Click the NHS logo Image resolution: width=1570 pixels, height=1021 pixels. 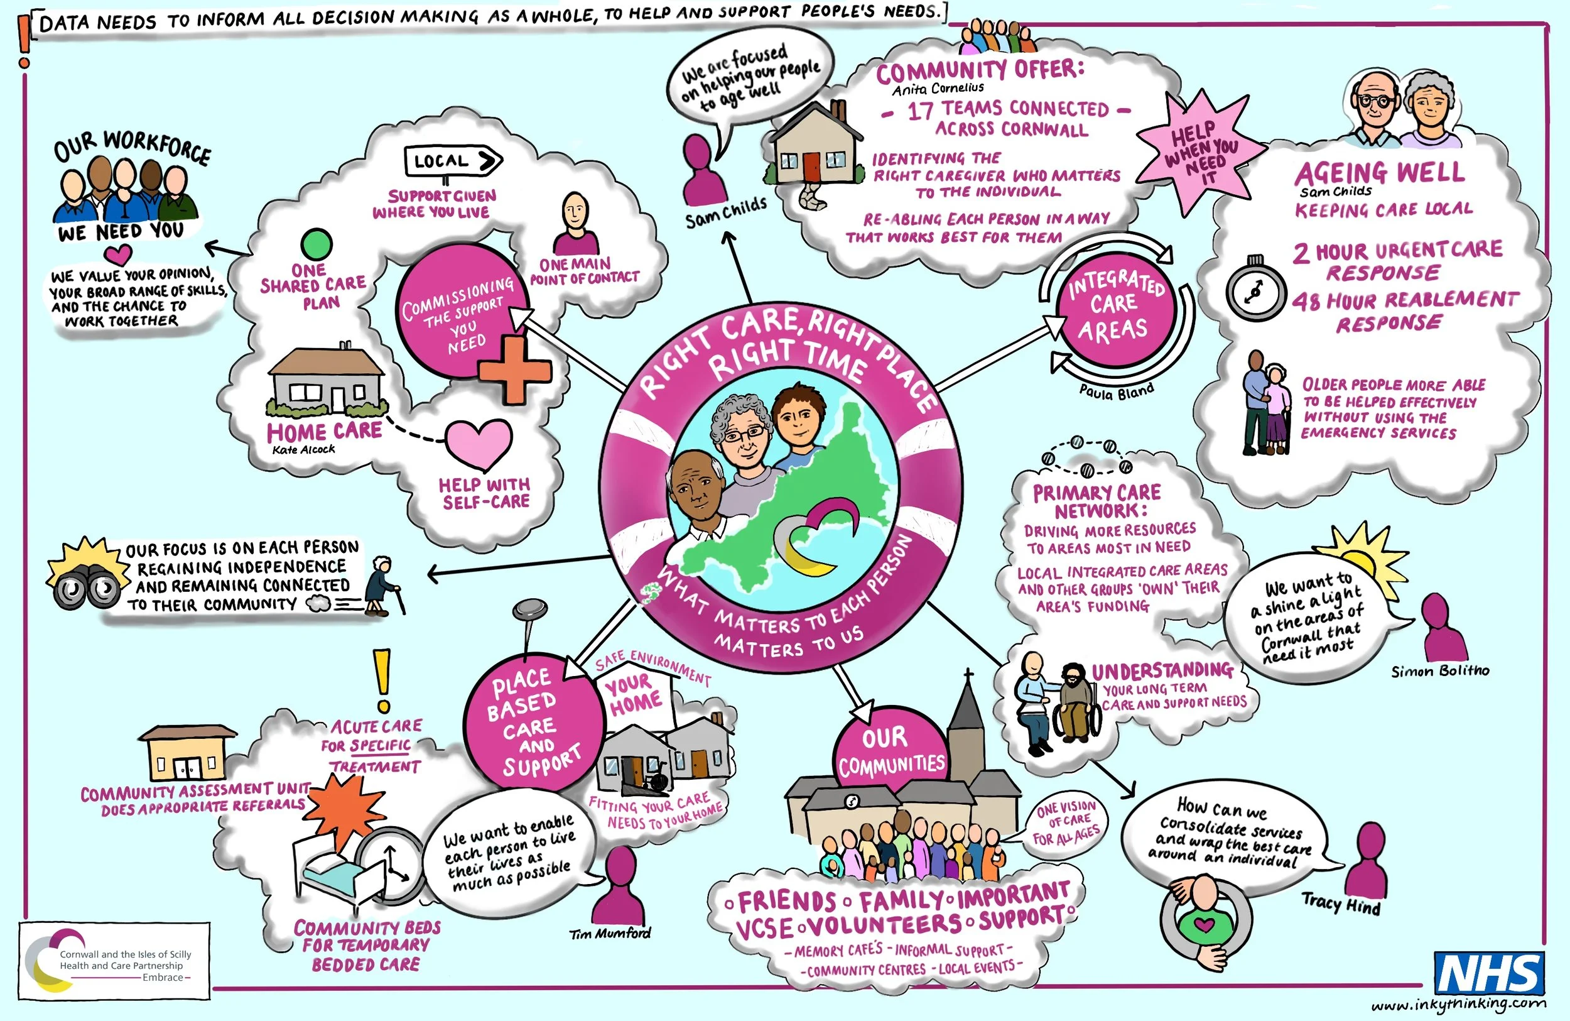[1490, 973]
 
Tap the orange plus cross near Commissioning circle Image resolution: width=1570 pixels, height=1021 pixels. [515, 370]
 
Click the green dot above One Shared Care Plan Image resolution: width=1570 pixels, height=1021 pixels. [316, 244]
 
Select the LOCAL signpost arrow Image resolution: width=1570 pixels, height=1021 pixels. [453, 160]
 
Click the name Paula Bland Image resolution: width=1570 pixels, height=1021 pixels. [1116, 391]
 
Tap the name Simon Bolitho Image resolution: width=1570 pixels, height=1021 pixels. [1440, 671]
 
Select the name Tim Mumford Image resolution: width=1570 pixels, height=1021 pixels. [610, 933]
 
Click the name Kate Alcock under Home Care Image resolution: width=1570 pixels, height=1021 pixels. [303, 449]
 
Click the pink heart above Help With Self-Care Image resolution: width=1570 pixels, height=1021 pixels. [479, 444]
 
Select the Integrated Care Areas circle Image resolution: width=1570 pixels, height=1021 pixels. [1114, 309]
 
